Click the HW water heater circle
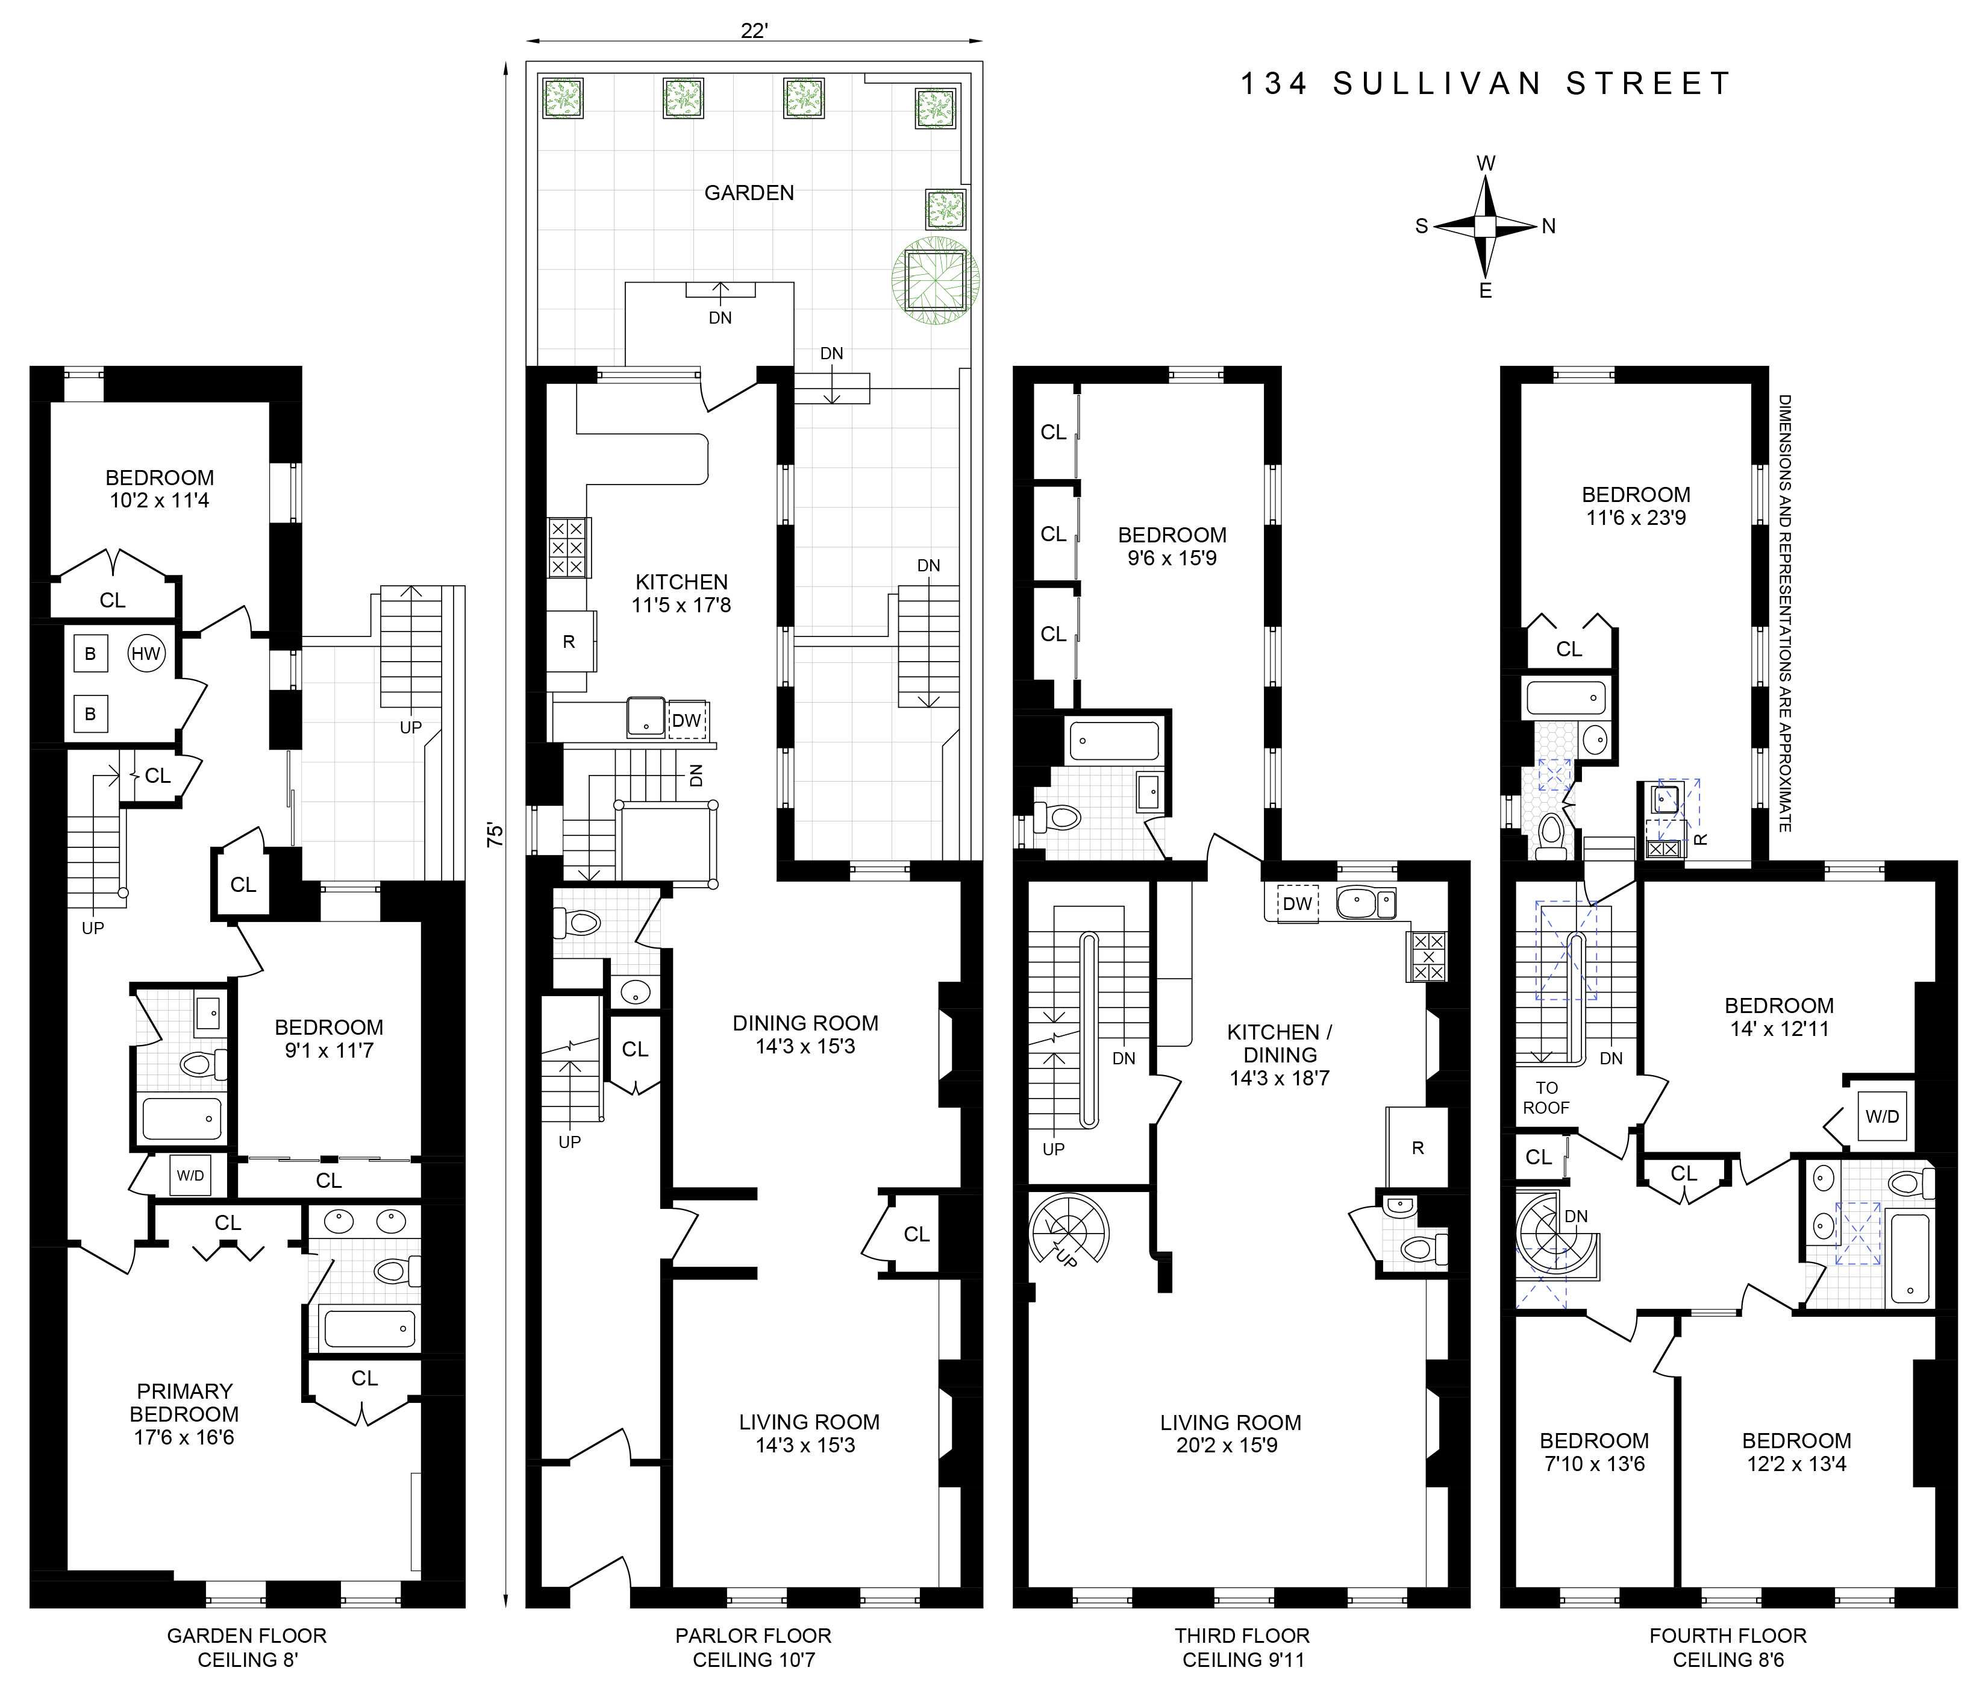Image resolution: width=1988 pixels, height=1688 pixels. (x=146, y=654)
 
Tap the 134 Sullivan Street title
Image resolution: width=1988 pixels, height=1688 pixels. (x=1485, y=84)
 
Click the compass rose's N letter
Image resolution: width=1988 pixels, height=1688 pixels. (x=1549, y=226)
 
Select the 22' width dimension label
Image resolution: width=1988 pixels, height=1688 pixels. (x=754, y=31)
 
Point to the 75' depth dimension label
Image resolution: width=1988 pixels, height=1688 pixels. (x=493, y=835)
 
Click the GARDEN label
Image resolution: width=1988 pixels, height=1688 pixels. (x=749, y=193)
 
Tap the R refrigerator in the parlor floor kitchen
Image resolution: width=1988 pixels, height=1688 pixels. (x=570, y=641)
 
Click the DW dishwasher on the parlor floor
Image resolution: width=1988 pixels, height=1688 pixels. (x=687, y=721)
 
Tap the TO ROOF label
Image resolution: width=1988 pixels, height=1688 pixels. (x=1546, y=1097)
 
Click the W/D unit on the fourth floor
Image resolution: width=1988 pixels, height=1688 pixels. (x=1882, y=1115)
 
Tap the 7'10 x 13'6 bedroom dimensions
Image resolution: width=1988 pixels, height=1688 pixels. (x=1594, y=1463)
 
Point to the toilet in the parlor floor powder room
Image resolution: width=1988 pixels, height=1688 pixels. (x=577, y=923)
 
